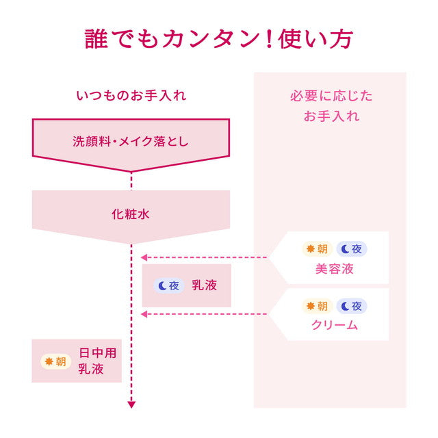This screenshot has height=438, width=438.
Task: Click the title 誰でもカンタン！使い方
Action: click(219, 39)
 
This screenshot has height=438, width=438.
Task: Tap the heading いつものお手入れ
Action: click(131, 96)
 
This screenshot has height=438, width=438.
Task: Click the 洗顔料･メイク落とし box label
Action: click(131, 142)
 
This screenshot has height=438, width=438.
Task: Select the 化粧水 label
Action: click(131, 214)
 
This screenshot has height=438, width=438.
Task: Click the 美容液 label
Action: click(335, 269)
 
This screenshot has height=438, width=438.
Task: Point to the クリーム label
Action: click(335, 325)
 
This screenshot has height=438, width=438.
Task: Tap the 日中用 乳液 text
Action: click(97, 361)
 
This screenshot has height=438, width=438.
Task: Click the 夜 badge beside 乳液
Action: click(169, 286)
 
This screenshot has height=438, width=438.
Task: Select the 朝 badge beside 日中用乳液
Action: click(56, 362)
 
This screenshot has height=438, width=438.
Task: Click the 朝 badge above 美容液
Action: click(318, 248)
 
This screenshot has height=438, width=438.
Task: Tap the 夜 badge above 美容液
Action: click(351, 248)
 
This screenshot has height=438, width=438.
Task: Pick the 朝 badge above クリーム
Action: click(318, 306)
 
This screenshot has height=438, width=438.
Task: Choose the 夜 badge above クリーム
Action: click(351, 306)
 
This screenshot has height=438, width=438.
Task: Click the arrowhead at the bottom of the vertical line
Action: click(131, 404)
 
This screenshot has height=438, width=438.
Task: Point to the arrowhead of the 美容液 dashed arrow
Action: click(144, 257)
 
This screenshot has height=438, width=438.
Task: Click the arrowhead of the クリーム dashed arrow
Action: click(144, 314)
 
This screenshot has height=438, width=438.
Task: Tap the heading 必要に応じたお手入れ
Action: click(331, 106)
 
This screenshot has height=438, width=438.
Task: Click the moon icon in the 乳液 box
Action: click(162, 286)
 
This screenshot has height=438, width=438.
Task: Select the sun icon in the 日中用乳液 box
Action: click(49, 362)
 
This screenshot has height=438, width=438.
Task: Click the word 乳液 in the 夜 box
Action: click(204, 285)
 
